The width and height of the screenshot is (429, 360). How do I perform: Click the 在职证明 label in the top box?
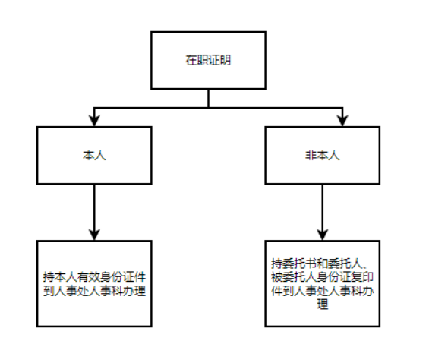tap(208, 60)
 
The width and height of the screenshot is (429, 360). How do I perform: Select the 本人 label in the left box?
tap(94, 155)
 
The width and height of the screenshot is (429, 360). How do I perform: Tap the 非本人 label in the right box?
tap(322, 155)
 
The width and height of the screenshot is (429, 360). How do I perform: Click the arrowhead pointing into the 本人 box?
tap(94, 121)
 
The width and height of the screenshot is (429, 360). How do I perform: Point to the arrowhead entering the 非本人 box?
tap(342, 121)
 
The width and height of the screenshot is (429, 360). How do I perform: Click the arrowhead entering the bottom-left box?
tap(94, 235)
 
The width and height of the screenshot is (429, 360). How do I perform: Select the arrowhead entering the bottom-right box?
tap(322, 235)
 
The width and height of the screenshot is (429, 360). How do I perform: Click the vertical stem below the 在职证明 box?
tap(209, 98)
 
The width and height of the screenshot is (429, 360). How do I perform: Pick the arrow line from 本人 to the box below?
tap(94, 212)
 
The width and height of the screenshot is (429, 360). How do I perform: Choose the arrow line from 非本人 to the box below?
tap(322, 212)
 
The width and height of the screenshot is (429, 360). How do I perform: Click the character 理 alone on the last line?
tap(322, 304)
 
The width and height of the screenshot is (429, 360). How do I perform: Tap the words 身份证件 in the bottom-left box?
tap(123, 277)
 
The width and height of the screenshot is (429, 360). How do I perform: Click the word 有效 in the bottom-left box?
tap(89, 277)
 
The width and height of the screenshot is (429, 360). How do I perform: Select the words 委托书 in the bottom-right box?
tap(300, 264)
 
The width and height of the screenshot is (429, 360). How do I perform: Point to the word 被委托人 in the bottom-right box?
tap(294, 277)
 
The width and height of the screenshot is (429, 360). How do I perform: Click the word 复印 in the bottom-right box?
tap(362, 277)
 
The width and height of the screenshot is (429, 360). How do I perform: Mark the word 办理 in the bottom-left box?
tap(134, 290)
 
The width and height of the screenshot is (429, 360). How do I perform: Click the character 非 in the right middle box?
tap(311, 155)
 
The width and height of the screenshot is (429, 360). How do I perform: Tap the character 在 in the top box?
tap(191, 60)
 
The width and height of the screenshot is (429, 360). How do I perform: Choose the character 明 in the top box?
tap(226, 60)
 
